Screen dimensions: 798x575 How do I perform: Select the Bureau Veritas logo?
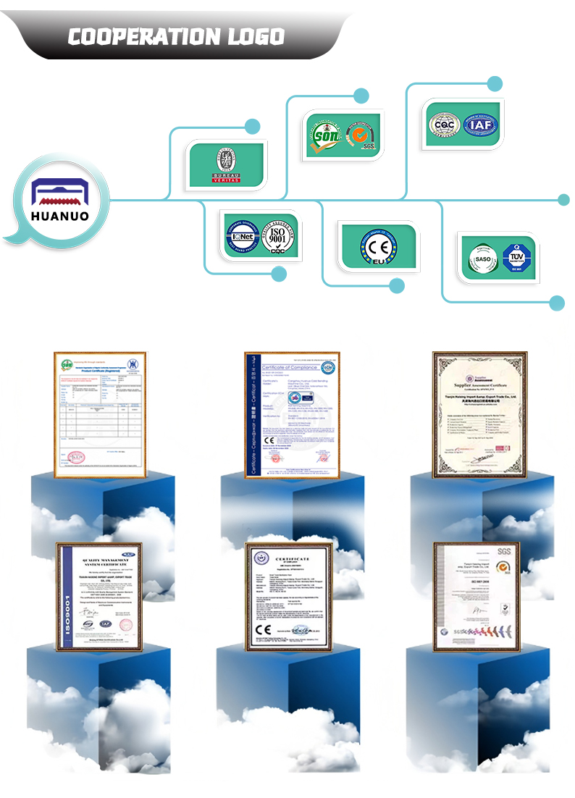pos(226,166)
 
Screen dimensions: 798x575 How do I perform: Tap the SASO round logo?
pos(482,256)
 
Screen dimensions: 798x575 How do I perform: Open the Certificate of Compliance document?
pos(292,414)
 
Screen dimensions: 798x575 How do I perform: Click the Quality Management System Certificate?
pos(99,595)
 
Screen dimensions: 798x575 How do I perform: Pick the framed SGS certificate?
pos(476,595)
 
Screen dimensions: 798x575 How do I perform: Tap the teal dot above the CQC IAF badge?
pos(495,83)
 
